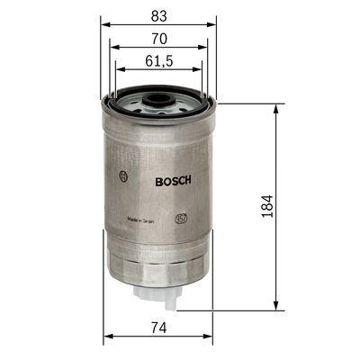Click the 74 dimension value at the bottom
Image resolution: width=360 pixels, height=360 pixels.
158,326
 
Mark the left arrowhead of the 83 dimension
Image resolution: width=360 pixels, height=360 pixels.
103,22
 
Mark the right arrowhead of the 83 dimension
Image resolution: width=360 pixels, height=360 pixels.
217,22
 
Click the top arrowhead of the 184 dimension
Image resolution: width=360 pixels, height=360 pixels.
274,106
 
